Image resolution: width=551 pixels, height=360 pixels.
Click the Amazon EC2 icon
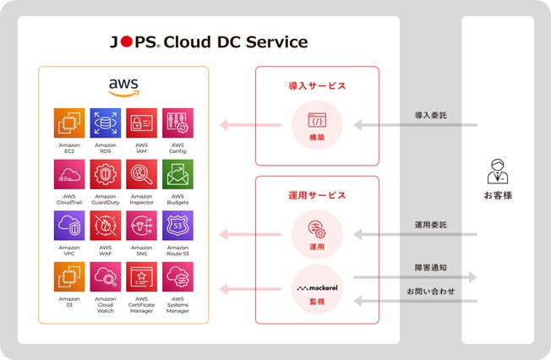tap(69, 123)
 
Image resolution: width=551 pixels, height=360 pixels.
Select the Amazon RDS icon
tap(106, 123)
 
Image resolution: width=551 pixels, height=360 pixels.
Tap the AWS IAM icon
tap(142, 123)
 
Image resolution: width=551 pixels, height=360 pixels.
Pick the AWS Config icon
tap(177, 123)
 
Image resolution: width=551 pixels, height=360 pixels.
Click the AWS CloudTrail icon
tap(69, 175)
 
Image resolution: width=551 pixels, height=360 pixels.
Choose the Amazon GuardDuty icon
tap(106, 175)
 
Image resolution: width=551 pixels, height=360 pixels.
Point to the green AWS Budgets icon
tap(177, 175)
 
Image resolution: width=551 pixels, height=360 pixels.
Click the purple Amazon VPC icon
tap(69, 226)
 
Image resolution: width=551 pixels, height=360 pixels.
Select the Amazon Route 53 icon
tap(177, 226)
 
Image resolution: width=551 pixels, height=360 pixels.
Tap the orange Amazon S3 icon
tap(69, 277)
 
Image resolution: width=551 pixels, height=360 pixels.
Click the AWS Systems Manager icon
tap(177, 277)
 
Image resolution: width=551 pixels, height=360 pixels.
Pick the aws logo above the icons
tap(123, 86)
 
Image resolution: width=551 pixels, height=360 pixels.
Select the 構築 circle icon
tap(317, 123)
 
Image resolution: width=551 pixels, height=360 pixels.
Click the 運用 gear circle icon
tap(317, 231)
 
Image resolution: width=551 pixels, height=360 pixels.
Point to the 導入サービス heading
tap(317, 86)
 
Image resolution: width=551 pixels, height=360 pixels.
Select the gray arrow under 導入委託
tap(415, 126)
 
